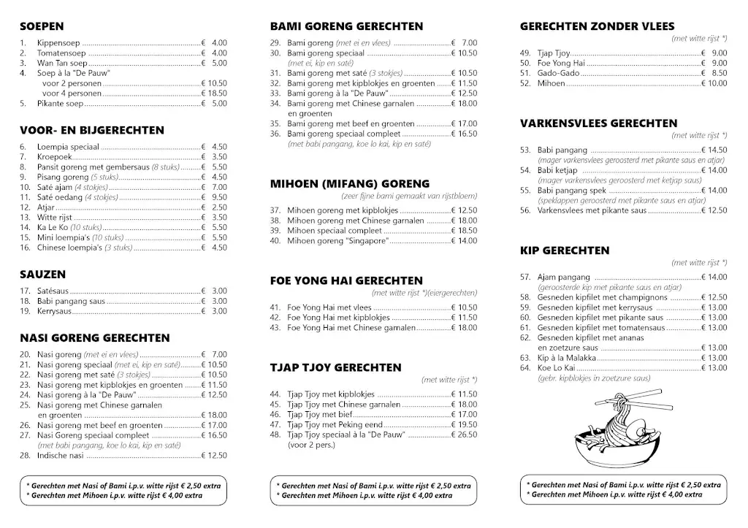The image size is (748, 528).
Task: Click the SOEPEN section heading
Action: [42, 26]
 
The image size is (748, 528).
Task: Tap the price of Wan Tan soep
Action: [214, 64]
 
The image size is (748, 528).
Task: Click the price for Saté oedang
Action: [214, 197]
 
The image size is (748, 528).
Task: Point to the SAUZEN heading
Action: [43, 275]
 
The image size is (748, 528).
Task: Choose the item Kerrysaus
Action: [55, 311]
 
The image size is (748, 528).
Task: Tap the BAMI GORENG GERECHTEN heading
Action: [346, 26]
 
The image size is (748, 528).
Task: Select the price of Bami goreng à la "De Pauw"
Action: [464, 93]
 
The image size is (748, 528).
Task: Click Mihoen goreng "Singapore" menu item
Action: [337, 241]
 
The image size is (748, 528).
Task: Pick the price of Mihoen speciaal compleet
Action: [464, 231]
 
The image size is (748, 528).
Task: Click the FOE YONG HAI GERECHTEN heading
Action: [346, 280]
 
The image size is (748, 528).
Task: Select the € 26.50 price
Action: [464, 435]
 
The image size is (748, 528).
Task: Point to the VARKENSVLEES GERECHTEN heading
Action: [598, 123]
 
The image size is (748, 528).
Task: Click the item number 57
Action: [524, 277]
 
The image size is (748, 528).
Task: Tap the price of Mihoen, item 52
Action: [714, 83]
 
